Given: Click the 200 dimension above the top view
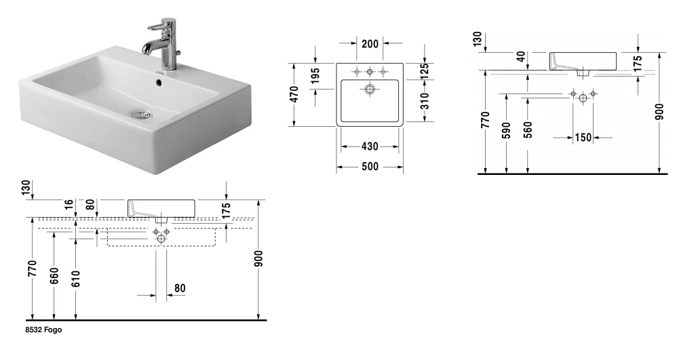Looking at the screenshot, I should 370,44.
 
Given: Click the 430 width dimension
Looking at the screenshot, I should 370,146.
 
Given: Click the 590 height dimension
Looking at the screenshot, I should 506,130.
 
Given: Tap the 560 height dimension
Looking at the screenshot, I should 528,130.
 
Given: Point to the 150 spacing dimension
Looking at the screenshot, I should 583,138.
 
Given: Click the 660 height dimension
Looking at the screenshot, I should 54,276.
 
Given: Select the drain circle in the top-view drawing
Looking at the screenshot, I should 370,89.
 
